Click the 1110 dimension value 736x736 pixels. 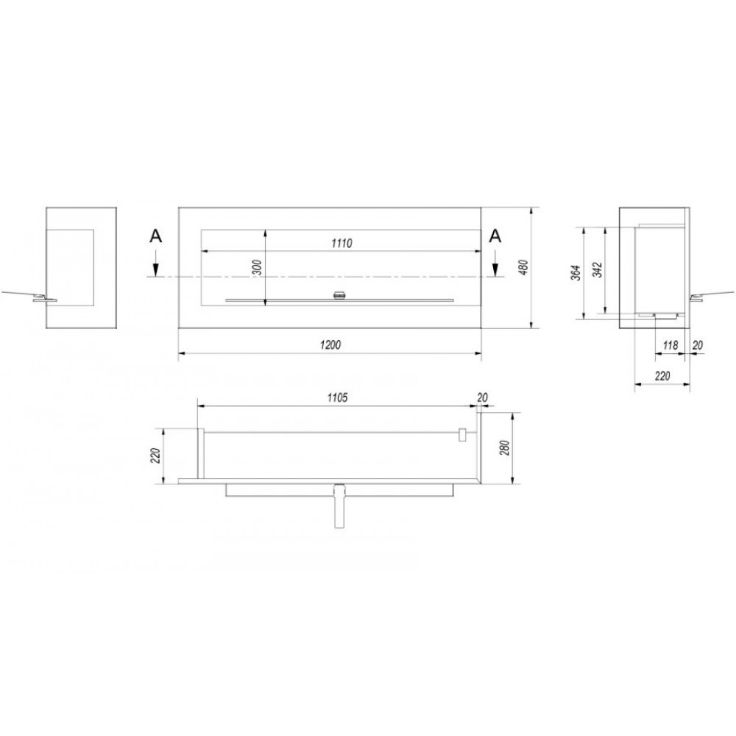(342, 243)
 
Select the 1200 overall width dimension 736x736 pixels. (330, 345)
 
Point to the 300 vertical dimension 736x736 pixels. (258, 267)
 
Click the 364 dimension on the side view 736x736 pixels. (577, 273)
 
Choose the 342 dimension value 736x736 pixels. (597, 270)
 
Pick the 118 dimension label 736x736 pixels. (670, 345)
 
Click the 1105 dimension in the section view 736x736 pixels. (337, 397)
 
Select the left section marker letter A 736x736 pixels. (155, 236)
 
